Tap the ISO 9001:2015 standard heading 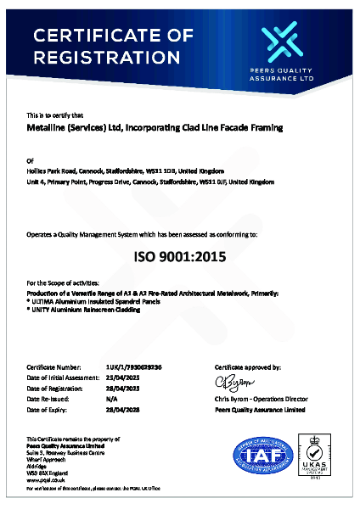coord(180,255)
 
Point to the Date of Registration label coord(56,386)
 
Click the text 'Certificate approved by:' coord(249,366)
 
